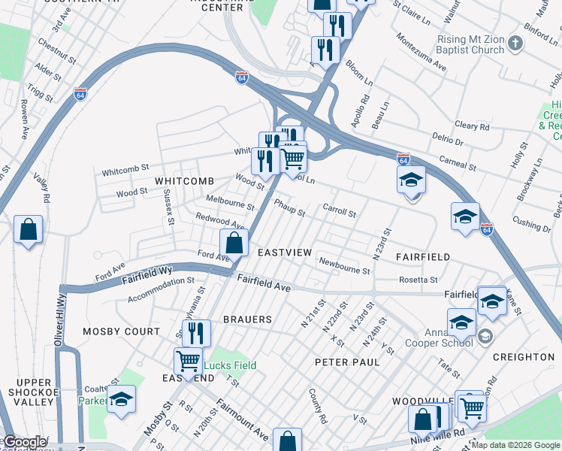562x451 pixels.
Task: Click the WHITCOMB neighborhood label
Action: [184, 181]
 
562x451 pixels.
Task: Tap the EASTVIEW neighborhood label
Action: [284, 253]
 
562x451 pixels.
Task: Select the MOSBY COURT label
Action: [121, 331]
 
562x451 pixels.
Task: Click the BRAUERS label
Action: [246, 319]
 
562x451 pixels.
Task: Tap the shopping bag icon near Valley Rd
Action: [28, 230]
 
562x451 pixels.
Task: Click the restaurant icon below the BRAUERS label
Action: [196, 332]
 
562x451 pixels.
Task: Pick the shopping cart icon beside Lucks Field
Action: [188, 361]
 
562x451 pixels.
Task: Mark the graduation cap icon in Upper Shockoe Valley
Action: [121, 399]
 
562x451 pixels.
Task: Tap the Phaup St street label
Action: [289, 207]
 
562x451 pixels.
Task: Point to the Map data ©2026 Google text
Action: [515, 445]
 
